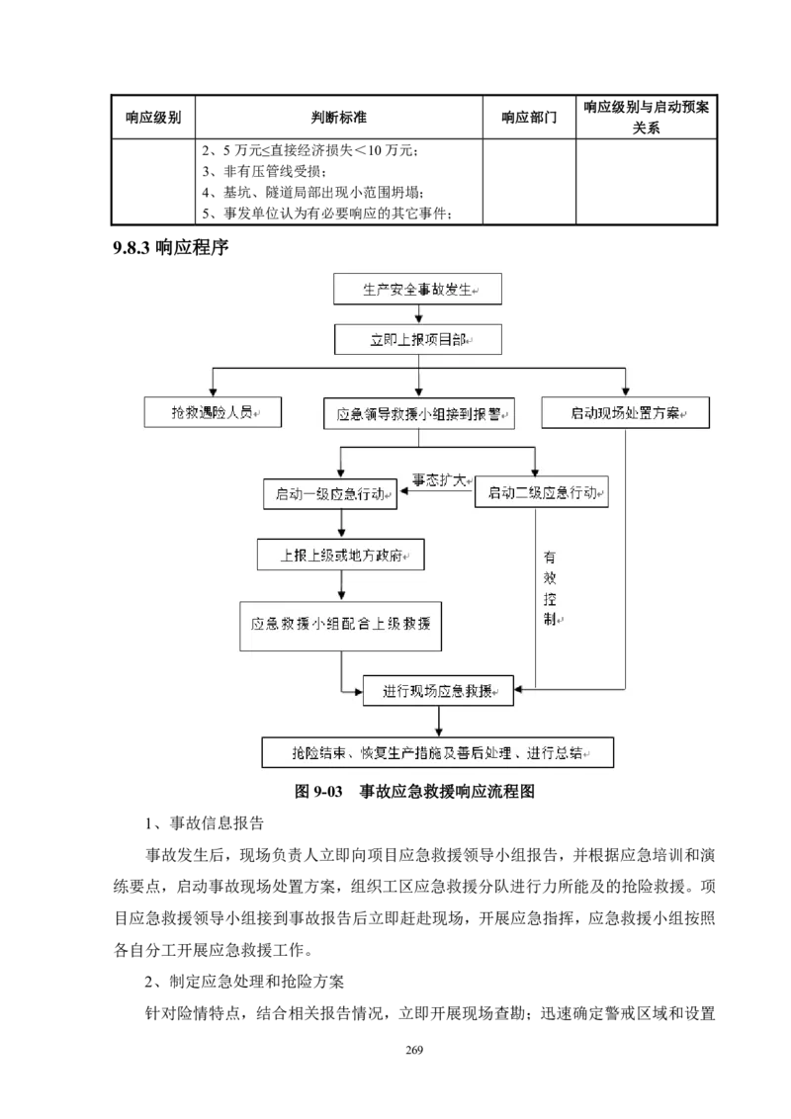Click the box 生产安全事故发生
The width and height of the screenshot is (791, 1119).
(418, 290)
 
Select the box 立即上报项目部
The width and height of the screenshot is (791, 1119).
(418, 339)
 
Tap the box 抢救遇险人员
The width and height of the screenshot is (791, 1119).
(213, 412)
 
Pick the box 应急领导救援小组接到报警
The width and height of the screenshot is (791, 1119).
(420, 413)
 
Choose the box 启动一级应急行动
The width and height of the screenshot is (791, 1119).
(330, 493)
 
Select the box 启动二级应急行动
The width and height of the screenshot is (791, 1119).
(542, 493)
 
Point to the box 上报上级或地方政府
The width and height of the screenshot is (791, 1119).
(340, 555)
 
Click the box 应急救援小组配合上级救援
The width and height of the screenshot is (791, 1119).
(340, 625)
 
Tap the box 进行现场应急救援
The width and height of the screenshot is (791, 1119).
(437, 692)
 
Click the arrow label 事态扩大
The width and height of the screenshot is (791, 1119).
(438, 480)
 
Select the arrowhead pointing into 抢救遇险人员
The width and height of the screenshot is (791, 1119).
(213, 391)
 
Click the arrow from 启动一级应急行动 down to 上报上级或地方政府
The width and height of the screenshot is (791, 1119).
(340, 524)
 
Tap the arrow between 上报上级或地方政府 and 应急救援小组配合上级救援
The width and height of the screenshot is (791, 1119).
(340, 586)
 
